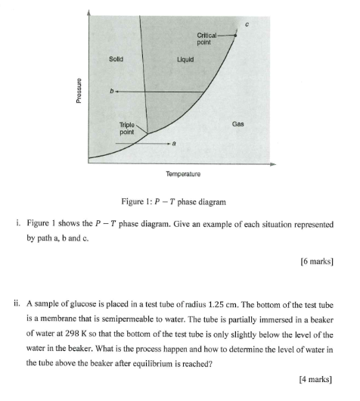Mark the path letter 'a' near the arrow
point(175,141)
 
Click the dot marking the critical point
point(235,35)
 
